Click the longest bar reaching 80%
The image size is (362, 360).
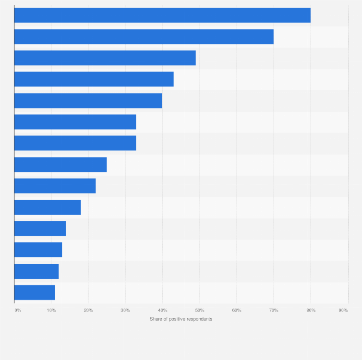(x=162, y=15)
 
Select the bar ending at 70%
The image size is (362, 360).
(x=144, y=36)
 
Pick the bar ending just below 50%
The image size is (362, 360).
(x=105, y=58)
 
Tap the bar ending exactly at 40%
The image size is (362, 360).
(x=88, y=101)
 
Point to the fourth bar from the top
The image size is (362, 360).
(x=94, y=79)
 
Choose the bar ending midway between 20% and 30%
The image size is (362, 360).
(x=60, y=165)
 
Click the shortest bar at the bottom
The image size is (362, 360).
(x=35, y=292)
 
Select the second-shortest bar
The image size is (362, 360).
(x=36, y=271)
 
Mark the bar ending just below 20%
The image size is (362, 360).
(x=48, y=207)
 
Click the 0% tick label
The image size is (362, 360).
(x=18, y=311)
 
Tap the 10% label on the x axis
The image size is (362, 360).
(x=51, y=311)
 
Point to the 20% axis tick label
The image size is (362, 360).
(x=88, y=311)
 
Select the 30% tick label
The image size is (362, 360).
(x=125, y=311)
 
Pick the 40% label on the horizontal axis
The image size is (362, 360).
(x=162, y=311)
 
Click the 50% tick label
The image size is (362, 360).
(x=200, y=311)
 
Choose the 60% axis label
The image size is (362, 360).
(x=237, y=311)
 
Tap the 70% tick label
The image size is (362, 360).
(x=274, y=311)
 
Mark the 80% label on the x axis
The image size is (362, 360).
(x=311, y=311)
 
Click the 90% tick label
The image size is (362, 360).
(x=343, y=311)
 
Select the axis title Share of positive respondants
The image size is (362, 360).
(x=181, y=319)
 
